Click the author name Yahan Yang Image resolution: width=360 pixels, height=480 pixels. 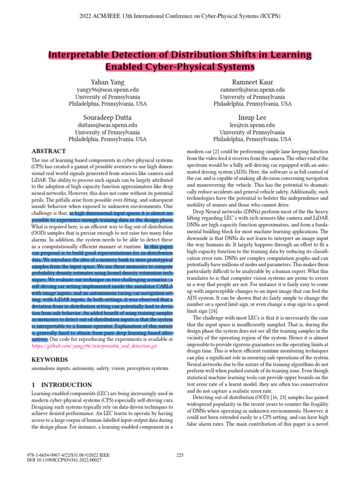tap(107, 82)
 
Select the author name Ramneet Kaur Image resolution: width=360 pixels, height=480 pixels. tap(252, 82)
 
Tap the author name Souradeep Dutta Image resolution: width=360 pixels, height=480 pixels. tap(107, 117)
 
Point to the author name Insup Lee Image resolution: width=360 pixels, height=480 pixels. tap(252, 117)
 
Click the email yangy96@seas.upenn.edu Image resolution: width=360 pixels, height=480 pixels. tap(107, 90)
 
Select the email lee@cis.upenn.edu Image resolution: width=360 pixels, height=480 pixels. tap(252, 125)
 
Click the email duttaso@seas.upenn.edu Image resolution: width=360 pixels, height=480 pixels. tap(107, 125)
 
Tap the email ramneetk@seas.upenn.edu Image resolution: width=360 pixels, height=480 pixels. tap(252, 90)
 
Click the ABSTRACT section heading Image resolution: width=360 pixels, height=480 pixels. tap(49, 151)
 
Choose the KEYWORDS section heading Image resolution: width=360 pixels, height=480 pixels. tap(50, 360)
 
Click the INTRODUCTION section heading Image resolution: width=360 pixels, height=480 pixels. tap(61, 385)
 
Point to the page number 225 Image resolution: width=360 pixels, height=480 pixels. tap(180, 454)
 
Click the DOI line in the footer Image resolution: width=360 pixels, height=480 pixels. tap(64, 460)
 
